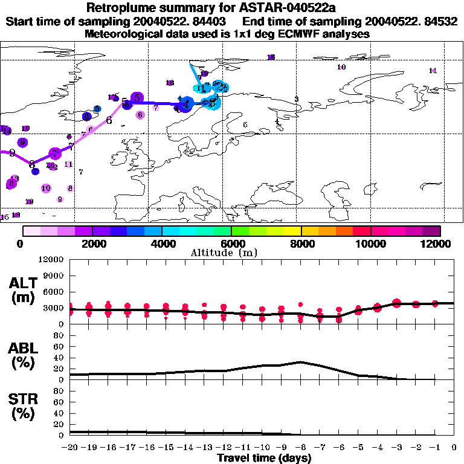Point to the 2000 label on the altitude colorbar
click(92, 243)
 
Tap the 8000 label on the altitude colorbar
click(301, 243)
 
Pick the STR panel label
click(24, 406)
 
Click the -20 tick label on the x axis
click(70, 448)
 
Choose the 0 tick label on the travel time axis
click(454, 448)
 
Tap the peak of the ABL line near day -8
click(300, 362)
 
